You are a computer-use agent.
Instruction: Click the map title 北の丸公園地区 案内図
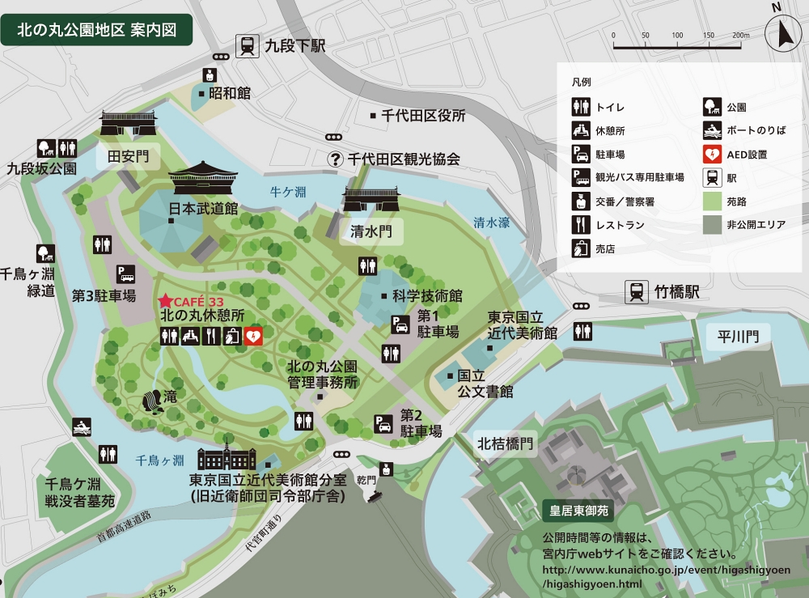pyautogui.click(x=97, y=31)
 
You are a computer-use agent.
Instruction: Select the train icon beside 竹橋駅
pyautogui.click(x=637, y=291)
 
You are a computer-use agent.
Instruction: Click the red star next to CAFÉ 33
pyautogui.click(x=166, y=300)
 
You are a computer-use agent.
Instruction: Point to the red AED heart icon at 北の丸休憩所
pyautogui.click(x=252, y=336)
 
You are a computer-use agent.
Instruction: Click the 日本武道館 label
pyautogui.click(x=203, y=208)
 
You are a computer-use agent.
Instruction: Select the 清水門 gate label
pyautogui.click(x=371, y=231)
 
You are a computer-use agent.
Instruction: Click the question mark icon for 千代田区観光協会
pyautogui.click(x=336, y=159)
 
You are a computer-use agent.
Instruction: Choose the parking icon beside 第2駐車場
pyautogui.click(x=383, y=423)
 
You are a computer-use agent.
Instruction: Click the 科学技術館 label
pyautogui.click(x=426, y=295)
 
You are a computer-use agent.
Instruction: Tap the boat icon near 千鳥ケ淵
pyautogui.click(x=81, y=427)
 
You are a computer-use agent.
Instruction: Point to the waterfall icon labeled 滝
pyautogui.click(x=151, y=401)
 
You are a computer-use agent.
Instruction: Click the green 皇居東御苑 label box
pyautogui.click(x=578, y=511)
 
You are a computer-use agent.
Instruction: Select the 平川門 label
pyautogui.click(x=738, y=337)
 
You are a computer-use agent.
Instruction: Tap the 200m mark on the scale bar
pyautogui.click(x=740, y=36)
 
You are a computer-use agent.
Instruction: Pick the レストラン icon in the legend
pyautogui.click(x=580, y=224)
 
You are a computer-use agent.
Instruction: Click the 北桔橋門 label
pyautogui.click(x=506, y=443)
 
